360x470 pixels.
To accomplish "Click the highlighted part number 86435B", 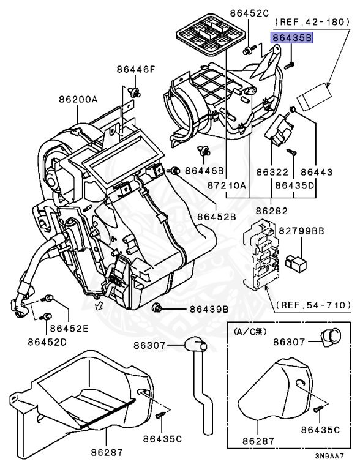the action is (291, 38).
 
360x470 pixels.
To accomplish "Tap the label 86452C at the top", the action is (249, 13).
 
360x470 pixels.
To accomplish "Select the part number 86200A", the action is (78, 99).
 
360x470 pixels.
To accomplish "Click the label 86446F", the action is (137, 70).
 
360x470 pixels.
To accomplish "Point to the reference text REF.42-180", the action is (312, 21).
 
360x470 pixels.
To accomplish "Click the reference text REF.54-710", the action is (313, 305).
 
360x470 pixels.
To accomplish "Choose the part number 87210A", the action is (227, 186).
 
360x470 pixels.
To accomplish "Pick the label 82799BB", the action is (301, 231).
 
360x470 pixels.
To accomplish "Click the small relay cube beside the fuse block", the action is (296, 261).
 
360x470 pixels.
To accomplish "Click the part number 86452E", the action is (69, 329).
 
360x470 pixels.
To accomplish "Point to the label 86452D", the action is (47, 341).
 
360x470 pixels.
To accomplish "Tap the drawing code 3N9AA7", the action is (329, 456).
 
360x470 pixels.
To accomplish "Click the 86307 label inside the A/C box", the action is (289, 341).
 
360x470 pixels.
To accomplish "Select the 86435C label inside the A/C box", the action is (320, 430).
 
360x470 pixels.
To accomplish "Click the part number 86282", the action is (271, 211).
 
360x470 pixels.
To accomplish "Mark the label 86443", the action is (317, 172).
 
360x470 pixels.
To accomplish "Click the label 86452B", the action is (217, 217).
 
